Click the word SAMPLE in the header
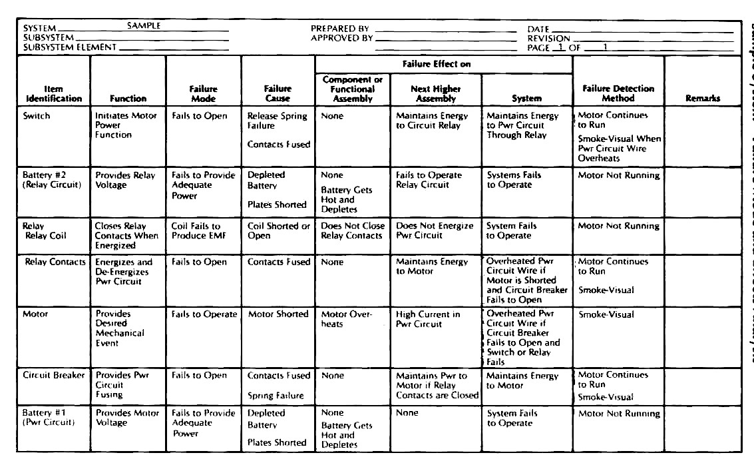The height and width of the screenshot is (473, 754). coord(144,26)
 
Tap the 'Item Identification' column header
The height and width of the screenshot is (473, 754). coord(54,93)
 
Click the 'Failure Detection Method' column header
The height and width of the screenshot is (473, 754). coord(618,93)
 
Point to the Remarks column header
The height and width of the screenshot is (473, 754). coord(703,99)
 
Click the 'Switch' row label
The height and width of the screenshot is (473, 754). coord(37,116)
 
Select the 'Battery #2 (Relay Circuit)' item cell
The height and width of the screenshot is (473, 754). coord(52,180)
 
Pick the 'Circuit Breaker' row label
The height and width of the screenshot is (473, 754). coord(54,375)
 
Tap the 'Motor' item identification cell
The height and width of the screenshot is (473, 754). coord(35,314)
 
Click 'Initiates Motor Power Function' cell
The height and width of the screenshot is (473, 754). coord(126,125)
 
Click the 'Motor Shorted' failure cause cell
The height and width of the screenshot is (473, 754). coord(278,314)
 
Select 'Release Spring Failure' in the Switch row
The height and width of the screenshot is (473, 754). coord(277,121)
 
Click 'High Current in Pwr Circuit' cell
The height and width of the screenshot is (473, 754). coord(428,319)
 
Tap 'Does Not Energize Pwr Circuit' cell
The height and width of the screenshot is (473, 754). coord(435,231)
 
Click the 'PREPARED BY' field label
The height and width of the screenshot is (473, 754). coord(340,29)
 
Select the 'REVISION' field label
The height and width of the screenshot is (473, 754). coord(549,39)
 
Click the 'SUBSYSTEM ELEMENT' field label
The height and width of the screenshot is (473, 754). coord(70,47)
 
